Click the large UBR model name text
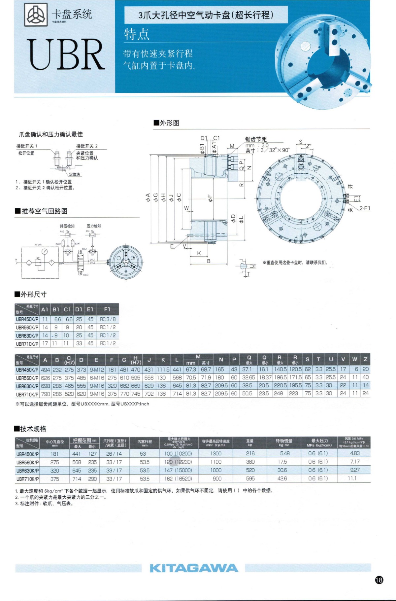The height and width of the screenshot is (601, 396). click(x=66, y=54)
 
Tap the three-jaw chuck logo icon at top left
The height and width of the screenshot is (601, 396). click(x=36, y=15)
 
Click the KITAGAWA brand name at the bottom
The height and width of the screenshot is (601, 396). click(x=194, y=568)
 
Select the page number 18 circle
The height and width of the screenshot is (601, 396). click(x=379, y=580)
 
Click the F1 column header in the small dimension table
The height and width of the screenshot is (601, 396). click(x=107, y=309)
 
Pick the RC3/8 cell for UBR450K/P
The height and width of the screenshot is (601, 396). click(x=108, y=319)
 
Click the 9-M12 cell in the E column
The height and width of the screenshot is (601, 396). click(x=97, y=370)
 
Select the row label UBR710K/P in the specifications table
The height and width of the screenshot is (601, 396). click(x=27, y=479)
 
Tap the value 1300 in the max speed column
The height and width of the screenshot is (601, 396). click(x=216, y=454)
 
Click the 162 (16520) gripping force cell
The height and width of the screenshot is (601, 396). click(x=178, y=478)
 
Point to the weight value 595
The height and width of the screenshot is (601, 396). click(x=250, y=478)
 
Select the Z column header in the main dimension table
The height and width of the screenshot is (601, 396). click(x=365, y=359)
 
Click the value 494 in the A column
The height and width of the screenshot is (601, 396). click(x=45, y=370)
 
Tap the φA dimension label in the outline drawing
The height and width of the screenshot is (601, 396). click(x=148, y=197)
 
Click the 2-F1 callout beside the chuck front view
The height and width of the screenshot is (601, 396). click(x=365, y=208)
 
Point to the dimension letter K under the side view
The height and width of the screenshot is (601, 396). click(x=199, y=253)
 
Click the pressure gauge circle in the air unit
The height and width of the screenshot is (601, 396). click(x=45, y=252)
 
